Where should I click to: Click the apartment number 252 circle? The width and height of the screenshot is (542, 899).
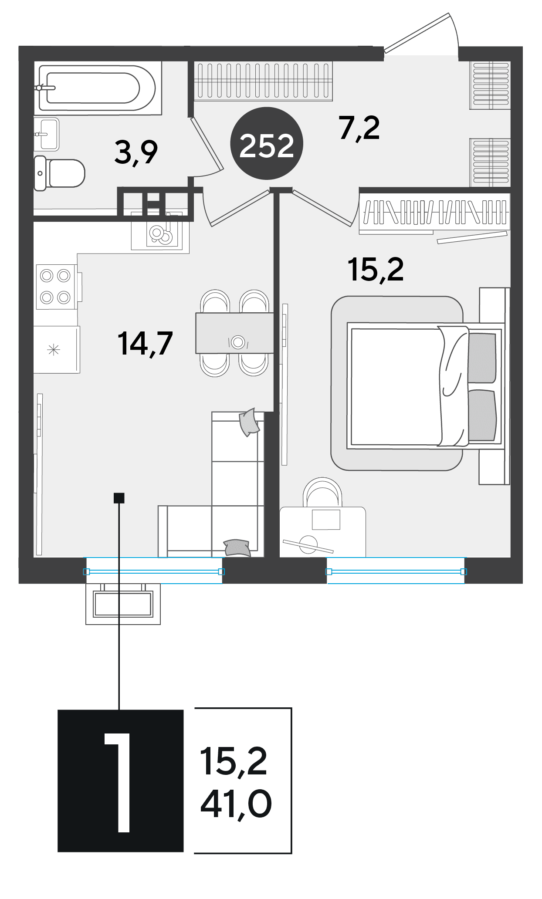pyautogui.click(x=266, y=144)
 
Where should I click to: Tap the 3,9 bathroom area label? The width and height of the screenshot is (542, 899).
pyautogui.click(x=136, y=152)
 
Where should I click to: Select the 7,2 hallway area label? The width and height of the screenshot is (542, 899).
pyautogui.click(x=359, y=128)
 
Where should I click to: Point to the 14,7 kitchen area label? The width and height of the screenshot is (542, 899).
pyautogui.click(x=145, y=343)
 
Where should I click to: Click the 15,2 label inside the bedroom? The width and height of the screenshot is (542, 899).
pyautogui.click(x=376, y=270)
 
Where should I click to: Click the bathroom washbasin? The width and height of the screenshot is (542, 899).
pyautogui.click(x=47, y=134)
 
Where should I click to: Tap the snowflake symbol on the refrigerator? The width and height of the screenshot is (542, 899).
pyautogui.click(x=54, y=349)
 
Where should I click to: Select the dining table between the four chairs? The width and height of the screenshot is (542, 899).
pyautogui.click(x=235, y=333)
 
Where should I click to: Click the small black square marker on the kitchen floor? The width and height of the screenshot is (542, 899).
pyautogui.click(x=119, y=497)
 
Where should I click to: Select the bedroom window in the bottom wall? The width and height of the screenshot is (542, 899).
pyautogui.click(x=396, y=571)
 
